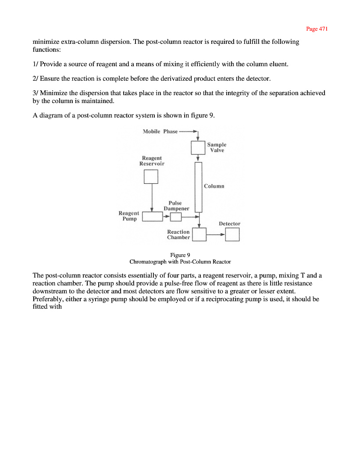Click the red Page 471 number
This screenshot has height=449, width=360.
[x=317, y=29]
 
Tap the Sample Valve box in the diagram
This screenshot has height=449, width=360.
[x=198, y=147]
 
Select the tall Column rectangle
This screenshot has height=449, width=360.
[x=198, y=186]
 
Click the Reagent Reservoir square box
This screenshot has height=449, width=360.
[x=151, y=176]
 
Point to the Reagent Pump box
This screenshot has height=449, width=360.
[x=153, y=216]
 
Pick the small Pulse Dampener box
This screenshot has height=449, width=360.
[x=175, y=217]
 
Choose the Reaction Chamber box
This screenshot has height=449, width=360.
[x=200, y=235]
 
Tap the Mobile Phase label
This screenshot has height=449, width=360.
[x=160, y=132]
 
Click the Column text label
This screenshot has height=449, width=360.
[x=214, y=186]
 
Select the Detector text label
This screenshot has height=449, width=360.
[x=229, y=224]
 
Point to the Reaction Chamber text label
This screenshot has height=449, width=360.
[x=178, y=235]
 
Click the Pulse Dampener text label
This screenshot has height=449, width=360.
[x=176, y=206]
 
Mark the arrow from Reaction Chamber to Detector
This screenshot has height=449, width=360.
[x=216, y=235]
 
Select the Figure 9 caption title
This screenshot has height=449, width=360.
[x=180, y=255]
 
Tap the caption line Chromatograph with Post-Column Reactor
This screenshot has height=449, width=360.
[x=180, y=262]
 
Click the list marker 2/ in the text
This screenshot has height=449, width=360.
[x=36, y=79]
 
